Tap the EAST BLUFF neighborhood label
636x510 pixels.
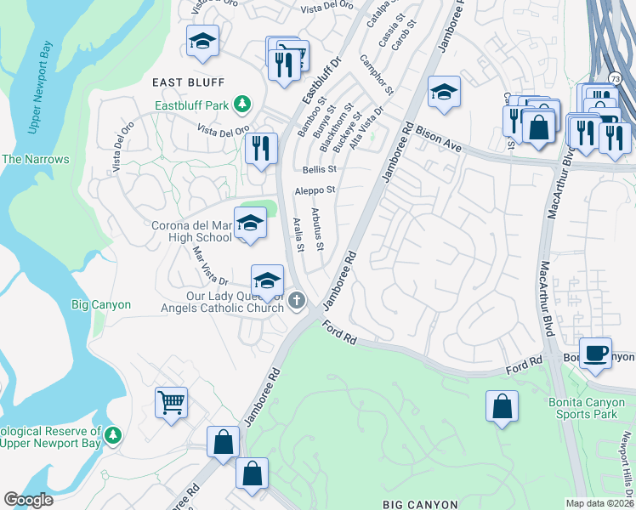[x=188, y=82]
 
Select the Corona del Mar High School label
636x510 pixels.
[x=191, y=232]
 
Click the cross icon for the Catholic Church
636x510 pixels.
[x=296, y=299]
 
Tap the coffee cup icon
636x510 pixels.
[x=595, y=352]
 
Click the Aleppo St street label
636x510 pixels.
[x=315, y=191]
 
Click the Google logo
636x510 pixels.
[x=29, y=499]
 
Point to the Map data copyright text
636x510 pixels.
[x=598, y=503]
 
